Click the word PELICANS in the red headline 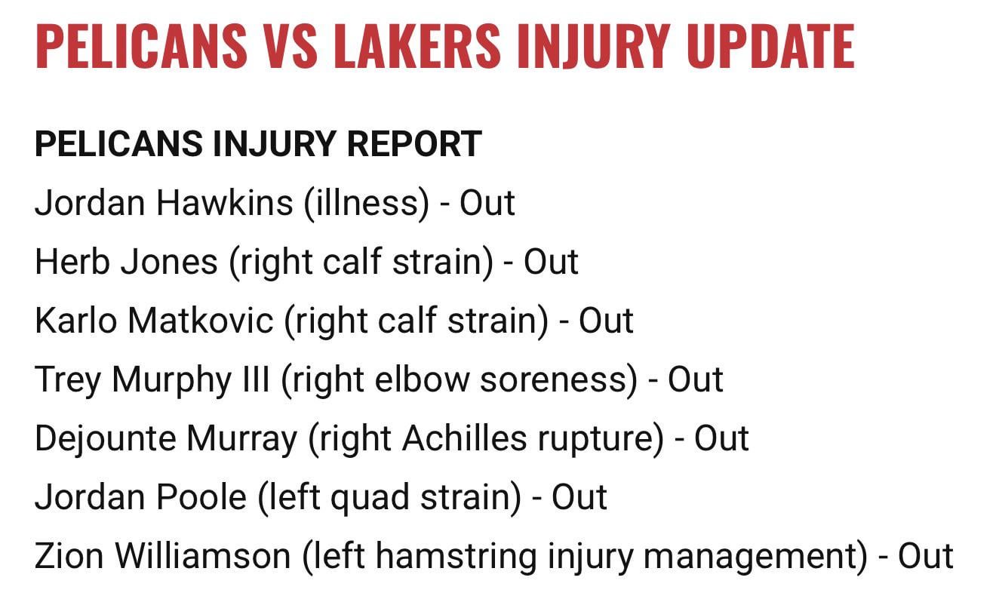tap(140, 46)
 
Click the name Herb tap(66, 262)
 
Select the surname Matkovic tap(201, 321)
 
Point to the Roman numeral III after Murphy tap(255, 379)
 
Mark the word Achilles tap(456, 438)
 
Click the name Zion tap(67, 556)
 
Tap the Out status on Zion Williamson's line tap(925, 556)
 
